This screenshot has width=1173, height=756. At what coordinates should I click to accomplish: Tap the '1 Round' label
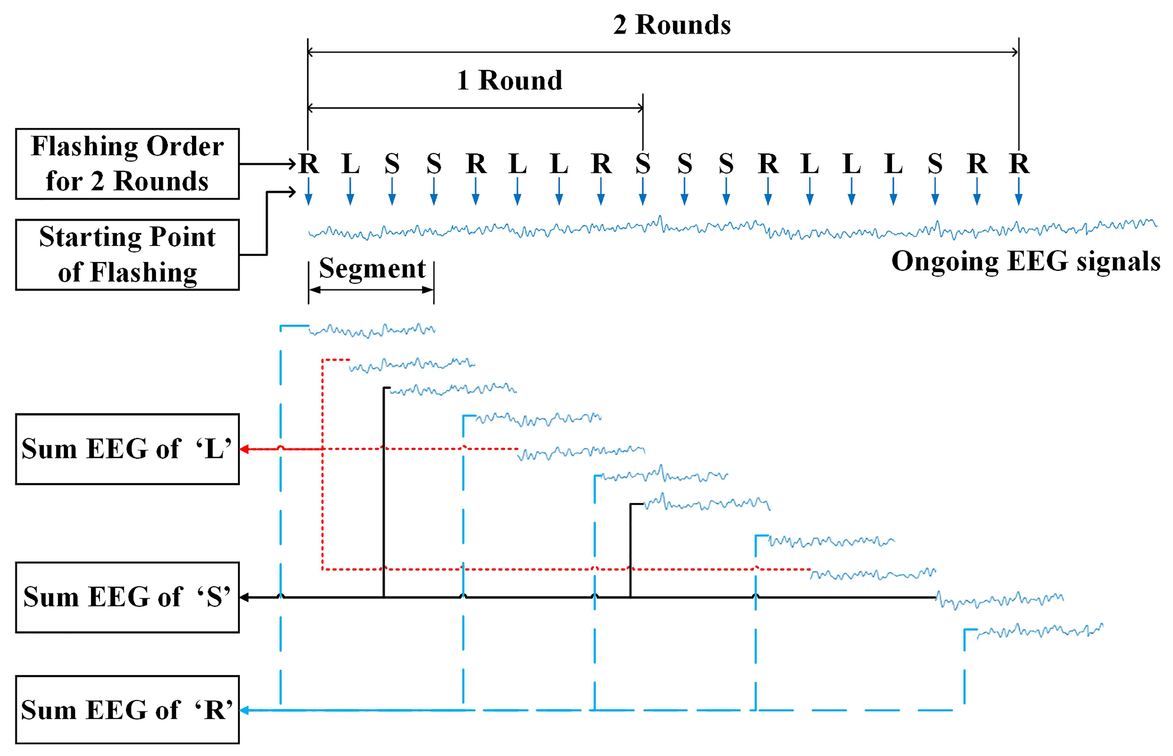click(509, 80)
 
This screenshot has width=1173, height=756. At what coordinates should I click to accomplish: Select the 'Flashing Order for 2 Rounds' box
click(127, 164)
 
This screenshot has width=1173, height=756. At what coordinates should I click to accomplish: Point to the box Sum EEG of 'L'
click(127, 449)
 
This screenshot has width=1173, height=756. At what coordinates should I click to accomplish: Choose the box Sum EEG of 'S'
click(127, 597)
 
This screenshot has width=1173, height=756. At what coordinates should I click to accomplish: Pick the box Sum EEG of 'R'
click(127, 710)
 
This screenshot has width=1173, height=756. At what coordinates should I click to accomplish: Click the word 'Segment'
click(372, 268)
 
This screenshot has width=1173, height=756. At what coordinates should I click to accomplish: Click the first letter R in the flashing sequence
click(308, 164)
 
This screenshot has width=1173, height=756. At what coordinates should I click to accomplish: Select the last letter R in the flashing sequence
click(1019, 164)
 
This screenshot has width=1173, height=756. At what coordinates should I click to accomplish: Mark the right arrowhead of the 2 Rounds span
click(1015, 52)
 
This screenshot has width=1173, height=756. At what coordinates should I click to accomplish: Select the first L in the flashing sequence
click(350, 164)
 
